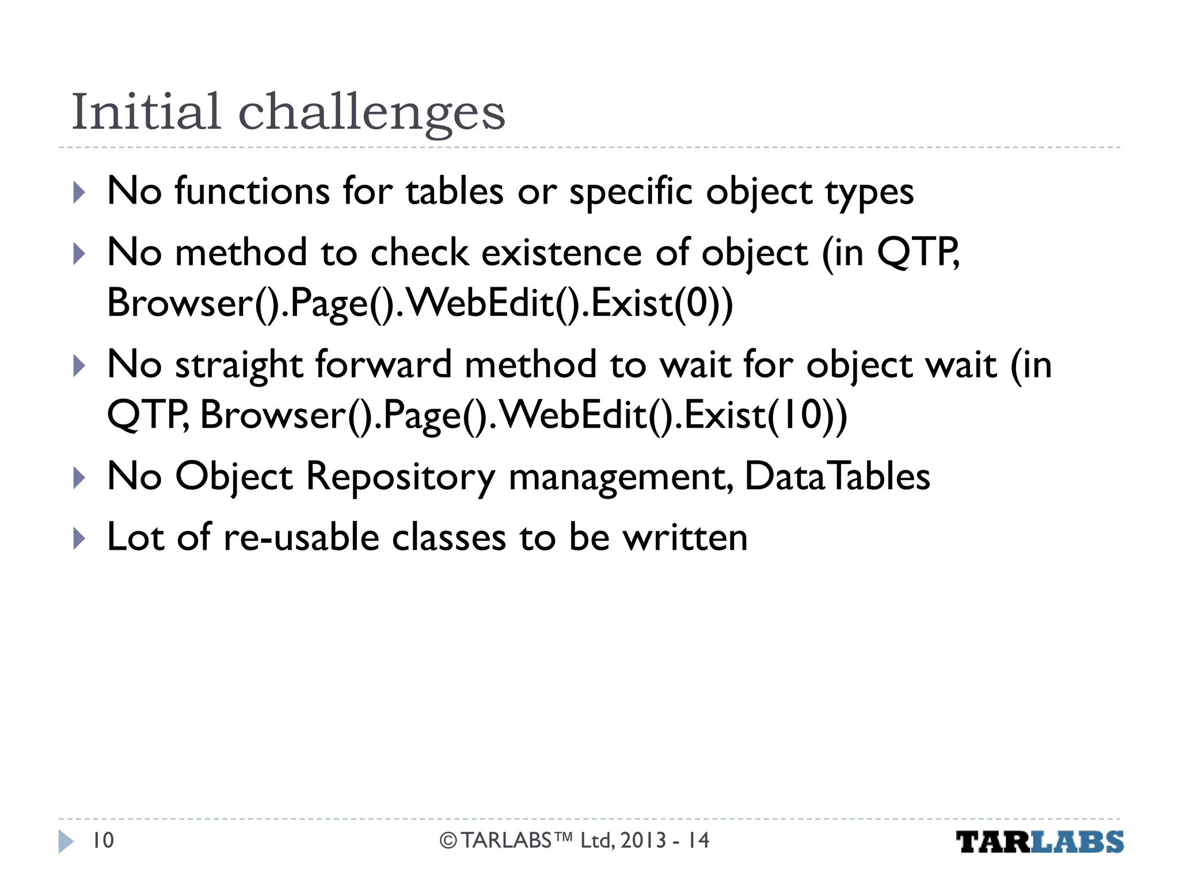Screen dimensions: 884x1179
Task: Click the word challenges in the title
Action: (371, 113)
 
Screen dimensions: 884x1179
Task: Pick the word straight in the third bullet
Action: (239, 365)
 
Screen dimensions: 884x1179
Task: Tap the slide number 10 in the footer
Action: (103, 840)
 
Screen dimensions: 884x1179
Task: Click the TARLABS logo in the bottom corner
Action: (1039, 842)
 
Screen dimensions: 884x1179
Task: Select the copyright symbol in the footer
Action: (448, 841)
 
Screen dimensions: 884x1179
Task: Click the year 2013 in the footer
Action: (643, 840)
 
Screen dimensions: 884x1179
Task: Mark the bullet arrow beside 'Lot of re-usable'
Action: (79, 538)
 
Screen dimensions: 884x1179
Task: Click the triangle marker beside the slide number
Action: (66, 841)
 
